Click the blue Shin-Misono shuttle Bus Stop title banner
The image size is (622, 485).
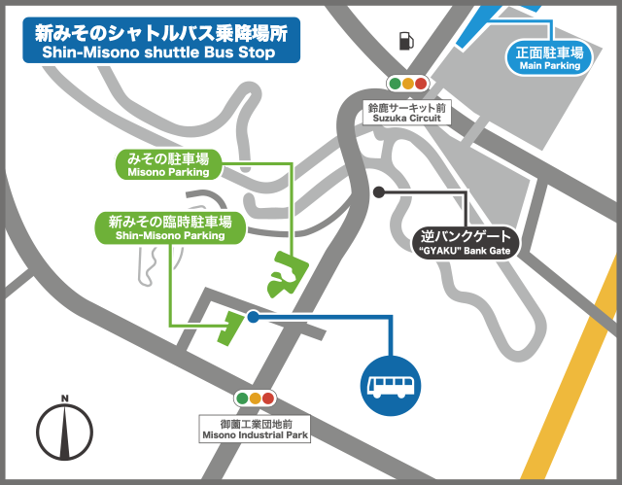click(x=161, y=41)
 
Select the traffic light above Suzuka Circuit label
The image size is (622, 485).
click(x=409, y=85)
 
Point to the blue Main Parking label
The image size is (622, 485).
click(x=550, y=58)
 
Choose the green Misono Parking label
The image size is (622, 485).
click(x=168, y=164)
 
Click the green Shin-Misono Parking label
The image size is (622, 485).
click(x=170, y=227)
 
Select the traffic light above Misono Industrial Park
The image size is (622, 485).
click(x=256, y=398)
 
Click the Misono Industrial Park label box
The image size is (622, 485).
click(x=255, y=429)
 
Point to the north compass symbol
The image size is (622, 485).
click(x=65, y=432)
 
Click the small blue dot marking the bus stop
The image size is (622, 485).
click(x=254, y=317)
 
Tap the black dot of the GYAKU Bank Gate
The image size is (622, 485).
click(x=379, y=191)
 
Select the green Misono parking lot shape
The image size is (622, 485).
click(x=287, y=274)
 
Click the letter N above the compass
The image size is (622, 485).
click(x=64, y=398)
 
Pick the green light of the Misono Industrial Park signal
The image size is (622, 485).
click(x=269, y=398)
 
